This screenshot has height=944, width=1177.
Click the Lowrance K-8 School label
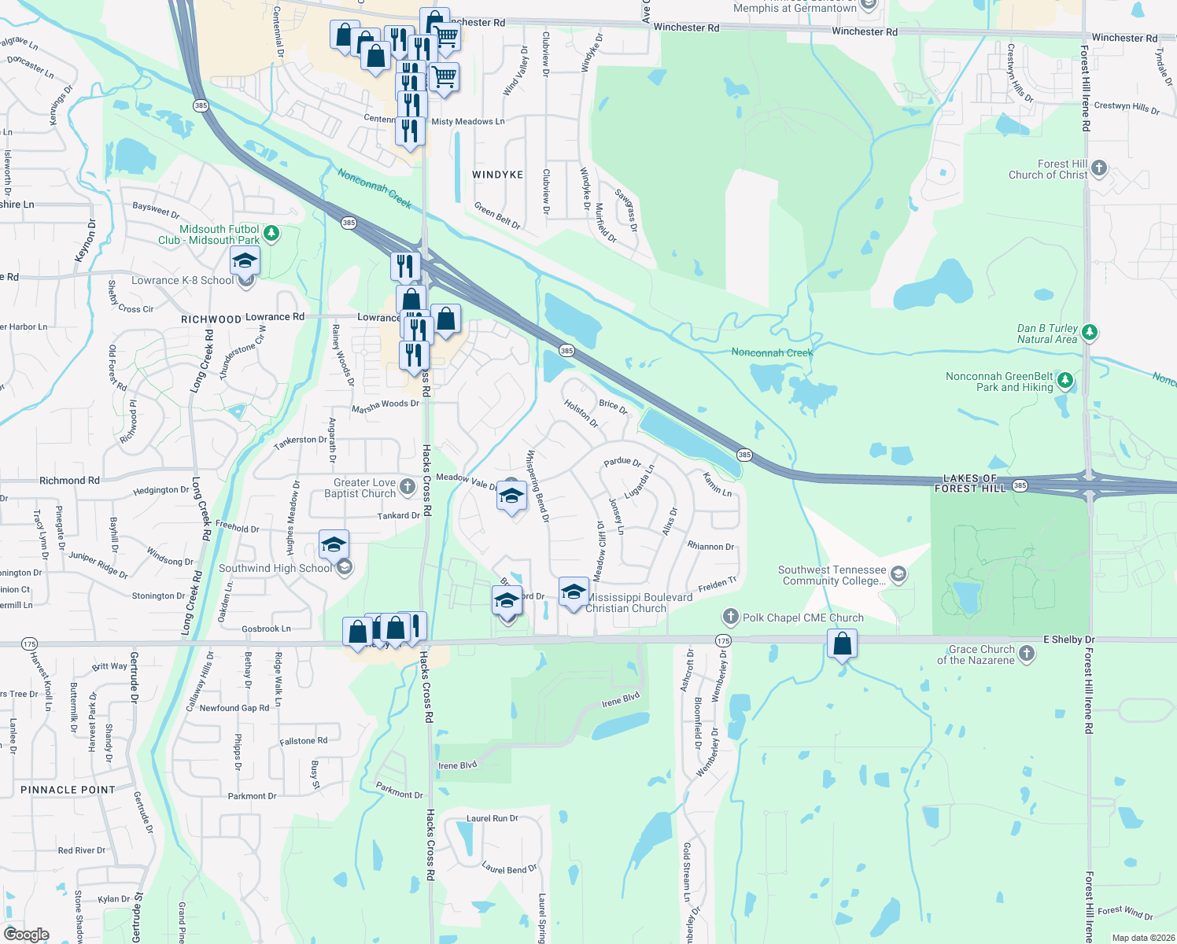[x=183, y=281]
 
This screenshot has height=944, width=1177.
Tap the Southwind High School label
[x=275, y=568]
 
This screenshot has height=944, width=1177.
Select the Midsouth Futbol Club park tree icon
[x=271, y=233]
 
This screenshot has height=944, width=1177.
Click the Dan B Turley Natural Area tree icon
[x=1090, y=333]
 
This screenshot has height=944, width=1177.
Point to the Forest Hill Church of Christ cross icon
[x=1099, y=168]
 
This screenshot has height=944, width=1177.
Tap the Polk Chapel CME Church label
[x=803, y=618]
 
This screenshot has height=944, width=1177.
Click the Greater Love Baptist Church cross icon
[x=407, y=486]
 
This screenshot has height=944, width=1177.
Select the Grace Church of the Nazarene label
[x=981, y=655]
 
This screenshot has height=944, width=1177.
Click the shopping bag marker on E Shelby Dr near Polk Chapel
[x=842, y=644]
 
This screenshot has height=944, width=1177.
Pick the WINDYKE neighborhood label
[x=497, y=175]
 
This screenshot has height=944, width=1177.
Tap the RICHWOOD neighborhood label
[x=211, y=319]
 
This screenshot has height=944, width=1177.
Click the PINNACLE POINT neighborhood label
[x=68, y=790]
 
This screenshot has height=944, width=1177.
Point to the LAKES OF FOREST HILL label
[x=970, y=483]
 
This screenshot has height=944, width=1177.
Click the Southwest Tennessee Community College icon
[x=898, y=575]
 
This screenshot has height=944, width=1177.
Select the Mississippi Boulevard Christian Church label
[x=639, y=603]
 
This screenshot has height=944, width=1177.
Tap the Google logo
[x=27, y=934]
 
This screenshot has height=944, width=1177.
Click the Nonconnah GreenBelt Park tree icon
[x=1065, y=381]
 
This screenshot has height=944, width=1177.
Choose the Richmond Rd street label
[x=69, y=480]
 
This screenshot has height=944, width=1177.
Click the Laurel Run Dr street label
[x=492, y=818]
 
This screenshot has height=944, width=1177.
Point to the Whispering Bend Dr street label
[x=537, y=485]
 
